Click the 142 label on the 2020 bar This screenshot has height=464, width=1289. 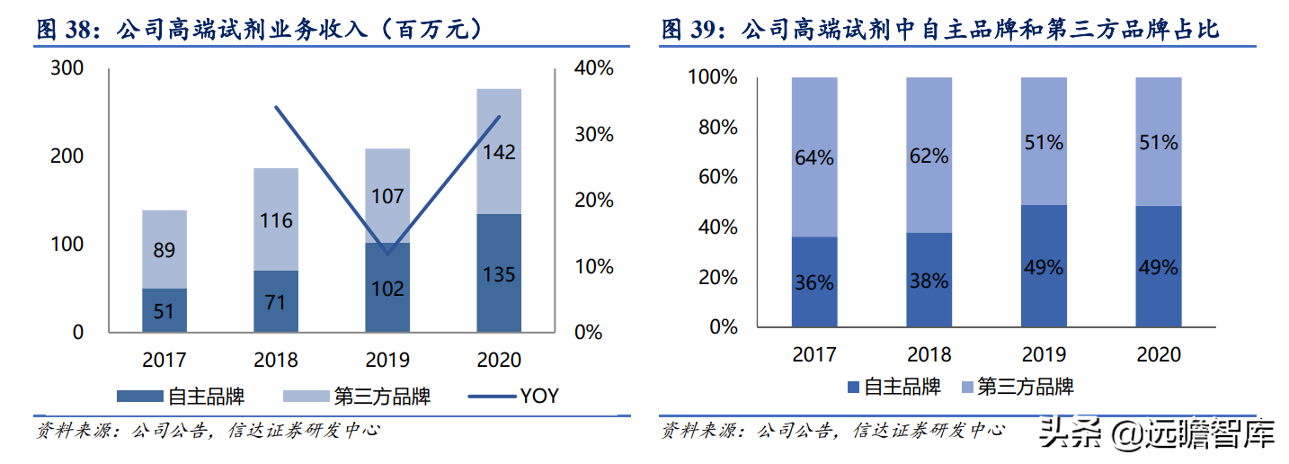point(499,152)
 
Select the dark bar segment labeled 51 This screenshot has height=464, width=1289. point(164,309)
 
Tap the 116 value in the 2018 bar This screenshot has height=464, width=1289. point(275,219)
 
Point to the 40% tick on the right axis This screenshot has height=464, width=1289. point(594,68)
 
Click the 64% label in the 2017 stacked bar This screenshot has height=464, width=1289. point(814,157)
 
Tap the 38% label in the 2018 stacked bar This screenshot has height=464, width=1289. point(929,281)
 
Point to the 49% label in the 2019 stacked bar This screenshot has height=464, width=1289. point(1044,267)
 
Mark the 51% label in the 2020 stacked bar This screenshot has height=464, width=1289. point(1158,142)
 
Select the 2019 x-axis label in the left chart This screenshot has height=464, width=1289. point(387,360)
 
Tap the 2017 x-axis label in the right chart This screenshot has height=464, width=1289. point(814,354)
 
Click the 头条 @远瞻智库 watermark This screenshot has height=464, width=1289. point(1158,436)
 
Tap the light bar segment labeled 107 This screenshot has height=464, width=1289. point(387,196)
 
